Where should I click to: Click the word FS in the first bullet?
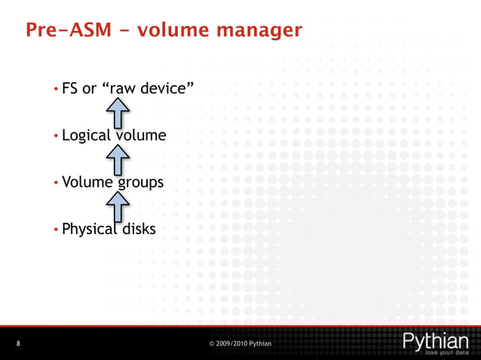(70, 89)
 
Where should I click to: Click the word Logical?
(86, 136)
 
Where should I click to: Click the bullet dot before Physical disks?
(57, 229)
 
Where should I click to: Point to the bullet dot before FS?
(57, 90)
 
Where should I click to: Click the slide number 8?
(18, 344)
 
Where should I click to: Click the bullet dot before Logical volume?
(57, 136)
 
